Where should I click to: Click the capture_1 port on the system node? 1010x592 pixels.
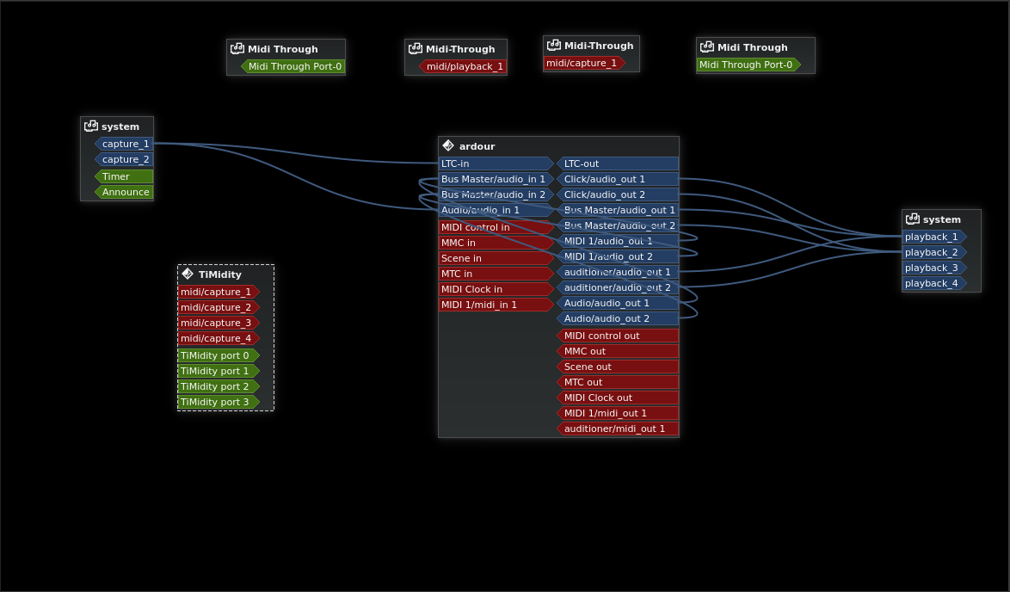point(125,144)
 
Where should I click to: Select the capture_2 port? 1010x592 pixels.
point(125,159)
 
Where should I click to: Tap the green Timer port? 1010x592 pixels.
point(124,176)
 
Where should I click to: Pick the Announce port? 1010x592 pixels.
point(125,192)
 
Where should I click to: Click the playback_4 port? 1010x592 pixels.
point(933,283)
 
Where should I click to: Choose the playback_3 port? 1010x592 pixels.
point(933,268)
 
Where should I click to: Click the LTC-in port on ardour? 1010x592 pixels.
point(496,163)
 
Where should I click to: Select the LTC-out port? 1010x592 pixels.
point(618,163)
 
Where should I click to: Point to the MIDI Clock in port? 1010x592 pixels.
point(496,289)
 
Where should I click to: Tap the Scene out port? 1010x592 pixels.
point(618,367)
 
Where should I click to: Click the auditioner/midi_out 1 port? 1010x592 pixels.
point(618,429)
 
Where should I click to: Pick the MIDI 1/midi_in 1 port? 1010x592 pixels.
point(496,305)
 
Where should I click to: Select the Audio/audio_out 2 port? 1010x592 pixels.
point(618,318)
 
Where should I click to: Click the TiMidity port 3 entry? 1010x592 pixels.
point(218,402)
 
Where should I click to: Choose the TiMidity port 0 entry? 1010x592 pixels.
point(218,355)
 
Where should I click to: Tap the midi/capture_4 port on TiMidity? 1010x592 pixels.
point(218,338)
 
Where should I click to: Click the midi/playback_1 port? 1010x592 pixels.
point(464,66)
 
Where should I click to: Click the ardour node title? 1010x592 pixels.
point(477,146)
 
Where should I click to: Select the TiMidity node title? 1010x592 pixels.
point(219,274)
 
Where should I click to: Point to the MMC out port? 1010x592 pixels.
point(618,351)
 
